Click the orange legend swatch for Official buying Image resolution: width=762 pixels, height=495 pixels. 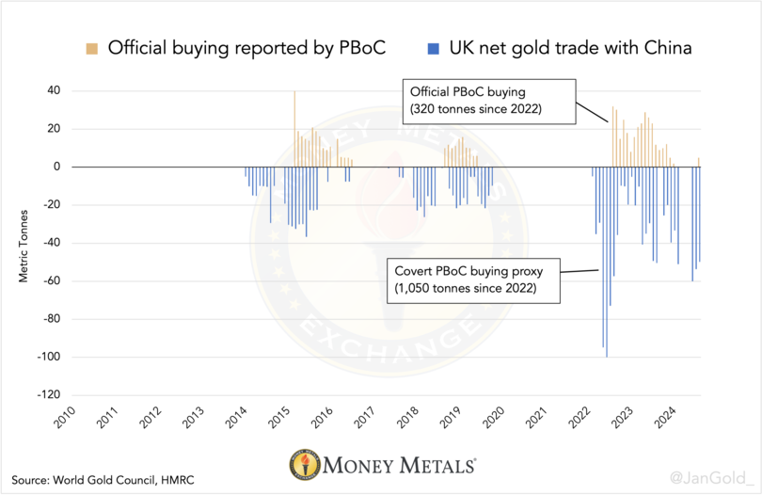90,47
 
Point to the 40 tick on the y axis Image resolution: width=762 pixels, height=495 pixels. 53,91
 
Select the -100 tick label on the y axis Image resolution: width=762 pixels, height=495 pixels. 47,357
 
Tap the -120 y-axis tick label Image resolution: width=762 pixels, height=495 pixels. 47,395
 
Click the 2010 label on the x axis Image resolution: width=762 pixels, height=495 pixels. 61,418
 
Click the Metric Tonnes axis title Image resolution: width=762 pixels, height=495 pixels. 23,243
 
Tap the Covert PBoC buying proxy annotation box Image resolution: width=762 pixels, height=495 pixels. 475,279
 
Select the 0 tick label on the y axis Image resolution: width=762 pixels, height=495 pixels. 56,167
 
